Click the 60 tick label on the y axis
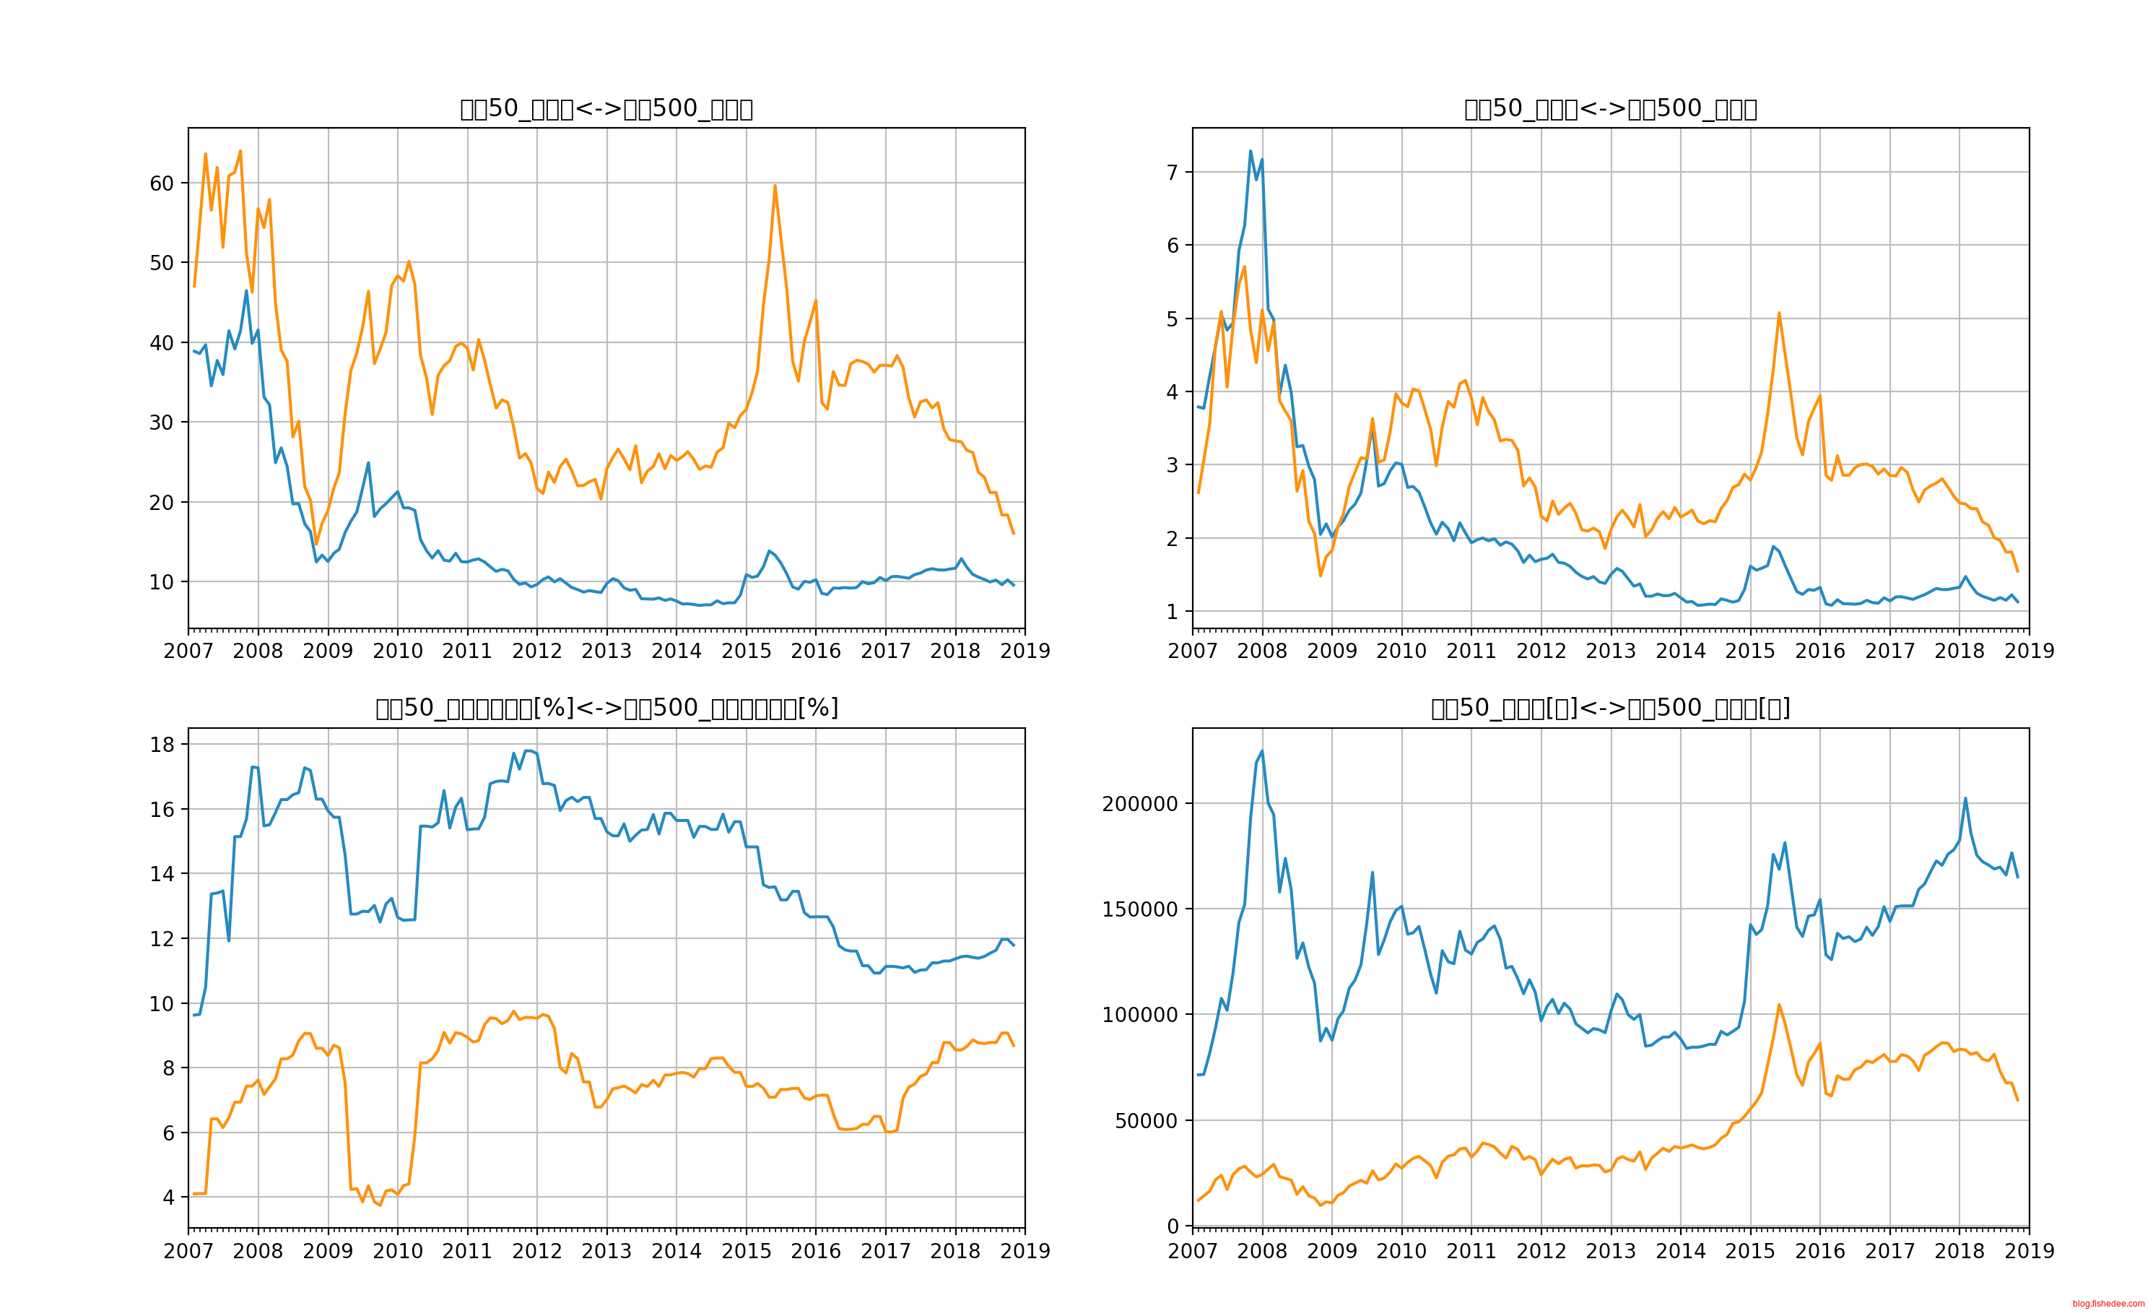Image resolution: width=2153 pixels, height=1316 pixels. coord(162,183)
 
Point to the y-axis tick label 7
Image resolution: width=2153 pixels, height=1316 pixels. coord(1173,172)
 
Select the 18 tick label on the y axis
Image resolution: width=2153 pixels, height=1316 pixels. coord(162,745)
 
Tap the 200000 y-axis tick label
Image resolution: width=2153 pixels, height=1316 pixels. coord(1139,804)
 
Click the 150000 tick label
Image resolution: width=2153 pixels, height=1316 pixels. coord(1139,909)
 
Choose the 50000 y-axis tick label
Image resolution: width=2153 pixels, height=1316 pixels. coord(1146,1121)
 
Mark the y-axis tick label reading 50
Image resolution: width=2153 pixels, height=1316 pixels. coord(162,263)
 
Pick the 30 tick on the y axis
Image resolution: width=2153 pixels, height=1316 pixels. coord(162,423)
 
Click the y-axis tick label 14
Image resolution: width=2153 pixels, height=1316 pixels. coord(162,874)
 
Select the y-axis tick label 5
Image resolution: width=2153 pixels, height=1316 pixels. coord(1173,319)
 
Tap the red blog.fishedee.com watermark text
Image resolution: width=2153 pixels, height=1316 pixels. coord(2108,1304)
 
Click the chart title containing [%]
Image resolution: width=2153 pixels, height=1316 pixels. coord(606,708)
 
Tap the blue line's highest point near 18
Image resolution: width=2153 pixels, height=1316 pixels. coord(528,750)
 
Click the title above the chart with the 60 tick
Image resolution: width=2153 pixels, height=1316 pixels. coord(606,108)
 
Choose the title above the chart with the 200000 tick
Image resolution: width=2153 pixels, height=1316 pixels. coord(1610,708)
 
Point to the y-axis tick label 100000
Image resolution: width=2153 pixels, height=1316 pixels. coord(1139,1016)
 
